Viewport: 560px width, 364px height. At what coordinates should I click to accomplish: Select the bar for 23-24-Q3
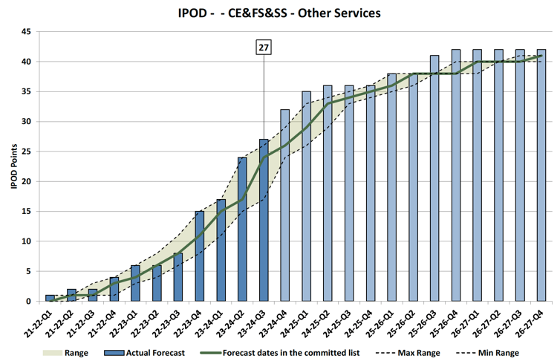pyautogui.click(x=264, y=220)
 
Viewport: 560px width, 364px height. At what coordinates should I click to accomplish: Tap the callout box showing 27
pyautogui.click(x=264, y=48)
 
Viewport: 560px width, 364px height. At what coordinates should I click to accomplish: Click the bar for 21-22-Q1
pyautogui.click(x=50, y=298)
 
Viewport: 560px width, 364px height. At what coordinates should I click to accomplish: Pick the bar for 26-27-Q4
pyautogui.click(x=541, y=175)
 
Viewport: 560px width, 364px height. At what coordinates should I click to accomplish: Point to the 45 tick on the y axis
pyautogui.click(x=26, y=32)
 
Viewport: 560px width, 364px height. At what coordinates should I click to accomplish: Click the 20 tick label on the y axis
pyautogui.click(x=26, y=181)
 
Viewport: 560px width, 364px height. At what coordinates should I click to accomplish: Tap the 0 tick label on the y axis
pyautogui.click(x=28, y=301)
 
